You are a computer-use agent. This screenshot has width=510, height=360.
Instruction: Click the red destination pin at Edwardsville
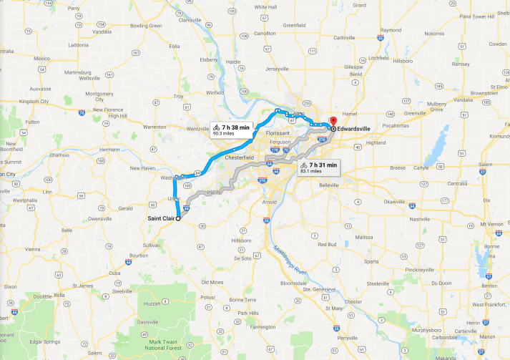pos(332,121)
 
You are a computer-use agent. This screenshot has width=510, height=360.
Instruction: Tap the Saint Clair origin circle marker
pos(178,219)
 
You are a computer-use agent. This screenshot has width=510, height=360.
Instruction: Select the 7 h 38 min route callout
pos(230,130)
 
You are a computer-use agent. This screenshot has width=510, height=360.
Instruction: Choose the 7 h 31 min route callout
pos(318,168)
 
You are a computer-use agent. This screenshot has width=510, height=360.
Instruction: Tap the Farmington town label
pos(263,326)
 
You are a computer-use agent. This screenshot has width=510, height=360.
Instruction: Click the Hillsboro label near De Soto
pos(242,240)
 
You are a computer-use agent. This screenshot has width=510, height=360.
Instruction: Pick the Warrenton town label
pos(155,127)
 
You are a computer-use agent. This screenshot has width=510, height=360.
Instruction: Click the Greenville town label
pos(413,113)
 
